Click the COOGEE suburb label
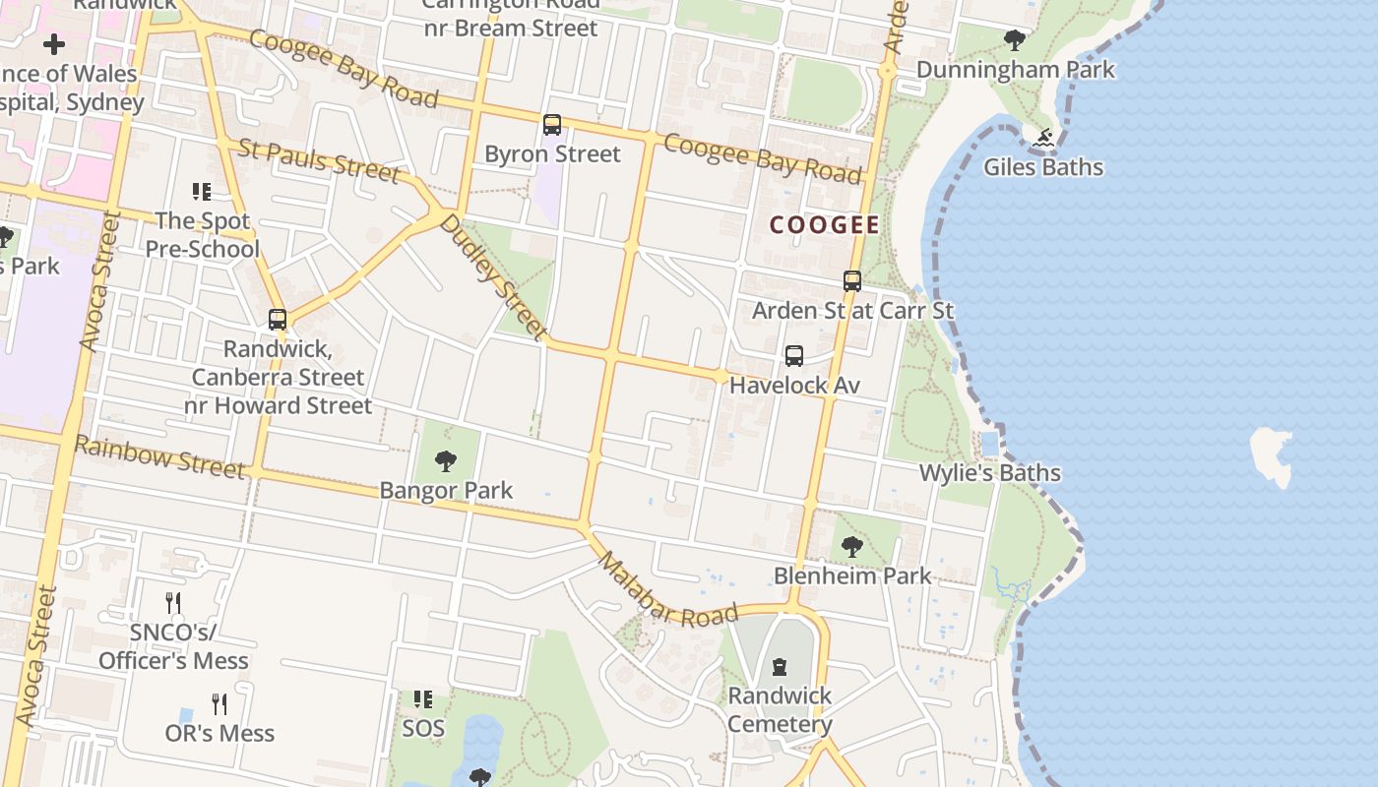(x=824, y=225)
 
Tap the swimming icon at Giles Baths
(x=1043, y=138)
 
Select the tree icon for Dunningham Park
(x=1015, y=40)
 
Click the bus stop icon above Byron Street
(x=552, y=125)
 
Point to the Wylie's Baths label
(x=989, y=473)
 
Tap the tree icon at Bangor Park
(x=446, y=460)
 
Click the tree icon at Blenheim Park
(x=852, y=547)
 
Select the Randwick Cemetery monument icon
(x=780, y=667)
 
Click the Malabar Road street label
(x=667, y=589)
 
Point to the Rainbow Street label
(x=159, y=456)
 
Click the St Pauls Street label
(x=319, y=160)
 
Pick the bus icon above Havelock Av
(x=794, y=356)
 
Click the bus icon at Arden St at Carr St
(x=852, y=281)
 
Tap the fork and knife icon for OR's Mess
(x=219, y=704)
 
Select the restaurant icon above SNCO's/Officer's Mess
(x=173, y=603)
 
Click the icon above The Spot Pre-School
(x=202, y=192)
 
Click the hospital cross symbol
(x=54, y=43)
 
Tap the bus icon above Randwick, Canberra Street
(x=278, y=320)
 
